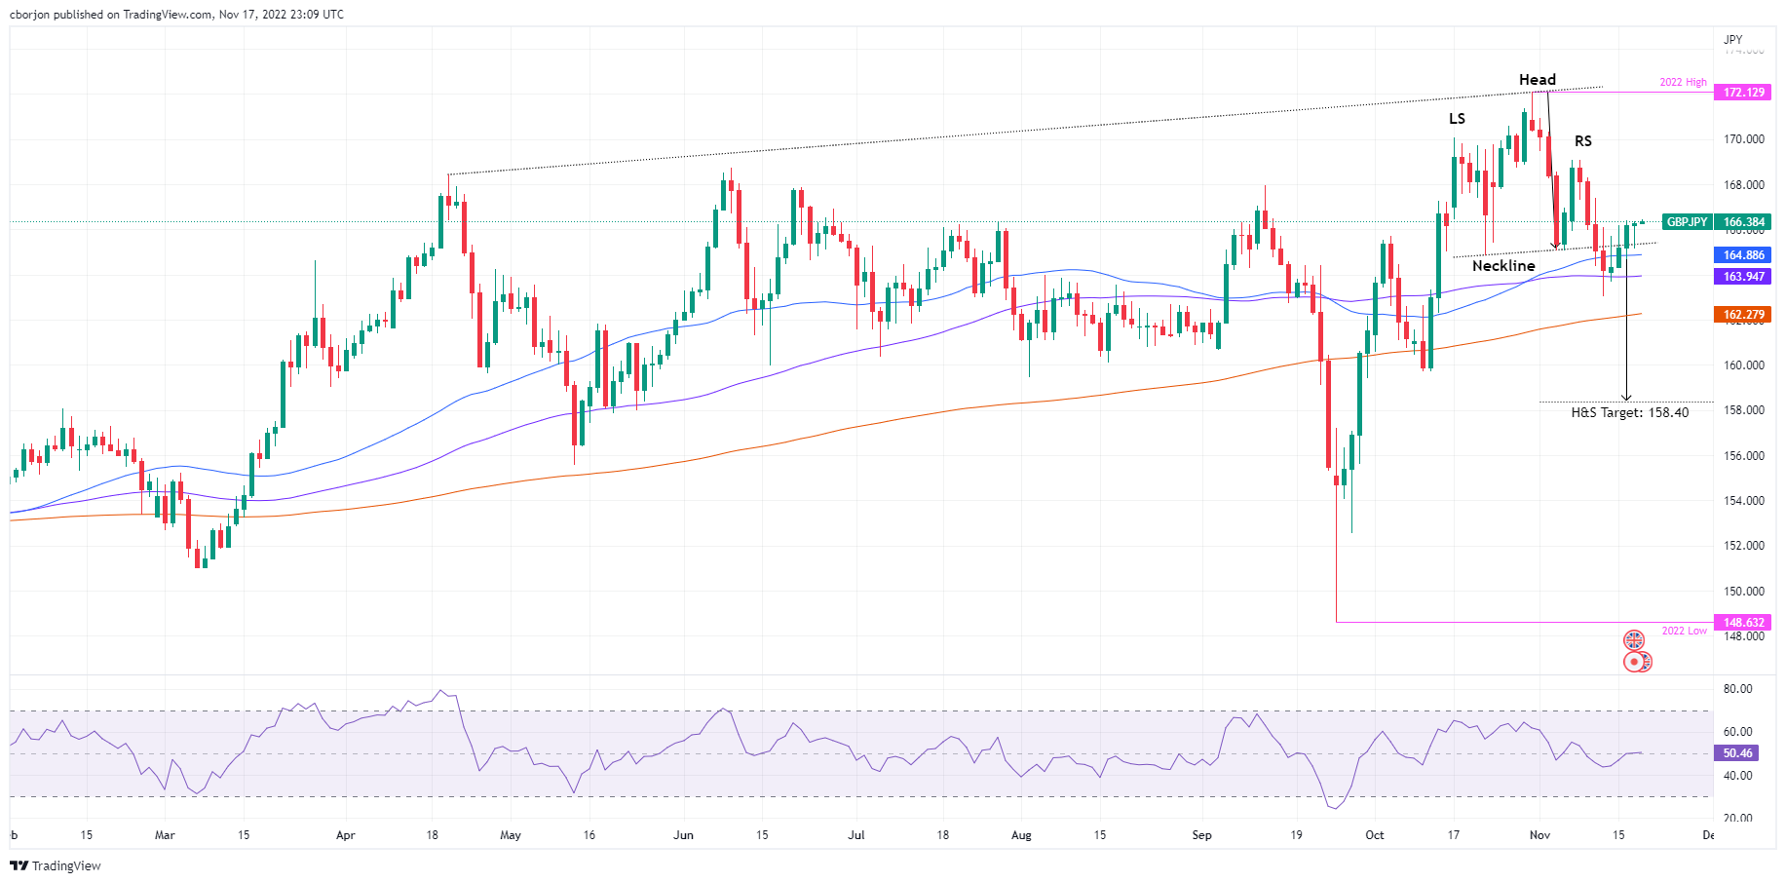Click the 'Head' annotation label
click(x=1537, y=80)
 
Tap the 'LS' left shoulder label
click(x=1457, y=119)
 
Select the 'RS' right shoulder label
click(x=1582, y=141)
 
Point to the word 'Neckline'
click(x=1503, y=266)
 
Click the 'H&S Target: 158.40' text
click(x=1629, y=413)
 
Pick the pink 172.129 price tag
click(x=1743, y=93)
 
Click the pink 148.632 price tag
click(x=1743, y=623)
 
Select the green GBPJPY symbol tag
click(x=1687, y=222)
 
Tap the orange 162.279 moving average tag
click(x=1743, y=315)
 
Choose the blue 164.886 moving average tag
click(x=1743, y=255)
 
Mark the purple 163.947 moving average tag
click(x=1743, y=277)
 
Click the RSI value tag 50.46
click(x=1737, y=753)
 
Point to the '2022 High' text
click(x=1683, y=83)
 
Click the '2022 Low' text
click(x=1684, y=632)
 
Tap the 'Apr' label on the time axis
click(x=345, y=835)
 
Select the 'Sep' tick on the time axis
click(x=1201, y=835)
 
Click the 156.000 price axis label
click(x=1743, y=456)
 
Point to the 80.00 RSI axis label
click(x=1737, y=689)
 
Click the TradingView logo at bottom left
click(x=56, y=865)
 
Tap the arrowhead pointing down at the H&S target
click(x=1625, y=397)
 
